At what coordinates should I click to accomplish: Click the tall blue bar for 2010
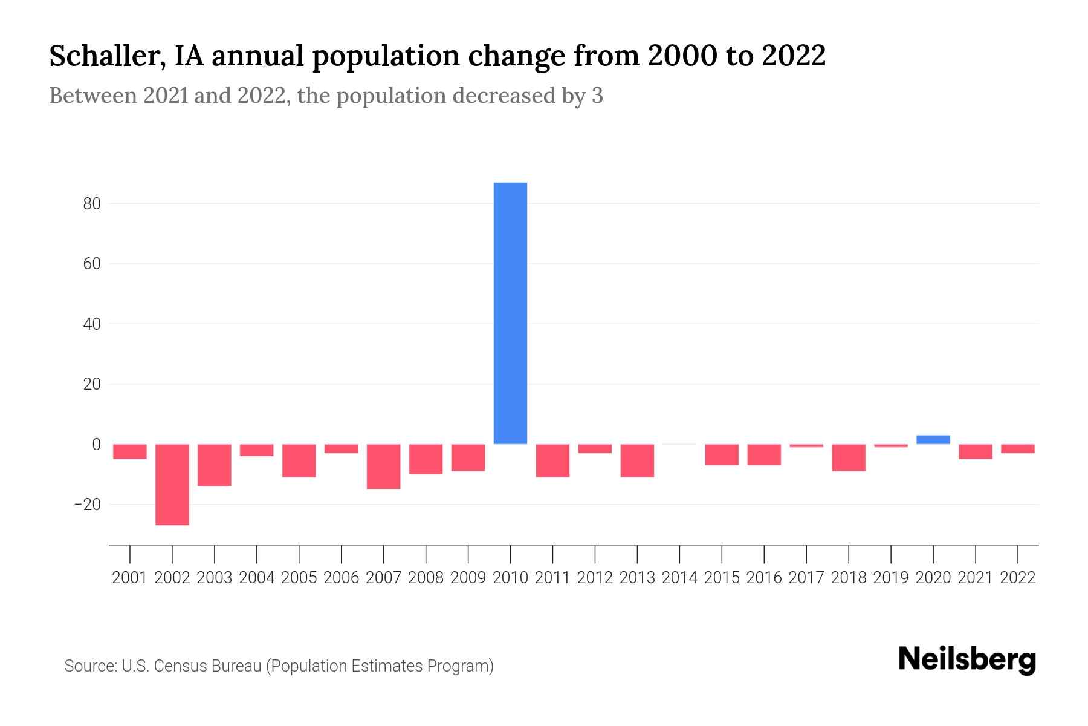tap(510, 313)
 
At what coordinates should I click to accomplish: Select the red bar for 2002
tap(172, 484)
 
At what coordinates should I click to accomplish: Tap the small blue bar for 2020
tap(933, 440)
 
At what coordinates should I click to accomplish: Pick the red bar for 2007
tap(383, 466)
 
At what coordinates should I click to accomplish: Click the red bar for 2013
tap(637, 460)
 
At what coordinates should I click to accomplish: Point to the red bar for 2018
tap(849, 457)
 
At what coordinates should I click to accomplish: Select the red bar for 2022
tap(1018, 448)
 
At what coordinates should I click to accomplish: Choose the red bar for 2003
tap(215, 465)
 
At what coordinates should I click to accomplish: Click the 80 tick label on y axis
tap(92, 204)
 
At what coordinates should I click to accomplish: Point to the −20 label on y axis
tap(87, 504)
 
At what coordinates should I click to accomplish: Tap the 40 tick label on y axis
tap(92, 324)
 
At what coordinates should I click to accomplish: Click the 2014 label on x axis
tap(679, 578)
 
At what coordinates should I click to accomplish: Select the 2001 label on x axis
tap(130, 578)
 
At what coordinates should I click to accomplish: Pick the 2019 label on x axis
tap(891, 578)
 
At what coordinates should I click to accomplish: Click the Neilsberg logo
tap(967, 659)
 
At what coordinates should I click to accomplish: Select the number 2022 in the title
tap(794, 56)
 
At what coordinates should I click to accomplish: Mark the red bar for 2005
tap(299, 460)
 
